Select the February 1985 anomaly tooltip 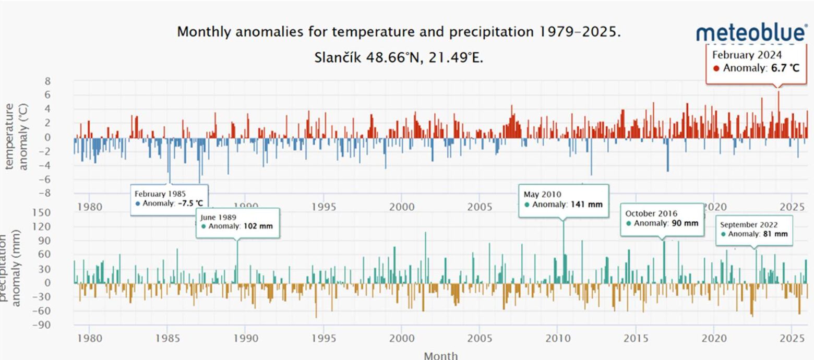pyautogui.click(x=169, y=199)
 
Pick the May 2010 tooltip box pyautogui.click(x=564, y=199)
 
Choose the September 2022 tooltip pyautogui.click(x=754, y=230)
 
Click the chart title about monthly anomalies pyautogui.click(x=399, y=32)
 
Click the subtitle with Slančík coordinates pyautogui.click(x=399, y=57)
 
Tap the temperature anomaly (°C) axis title pyautogui.click(x=17, y=137)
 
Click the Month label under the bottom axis pyautogui.click(x=440, y=356)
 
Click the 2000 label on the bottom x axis pyautogui.click(x=401, y=338)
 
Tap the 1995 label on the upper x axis pyautogui.click(x=323, y=207)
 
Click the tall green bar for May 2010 pyautogui.click(x=564, y=250)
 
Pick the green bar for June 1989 pyautogui.click(x=237, y=261)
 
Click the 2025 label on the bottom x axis pyautogui.click(x=792, y=338)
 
